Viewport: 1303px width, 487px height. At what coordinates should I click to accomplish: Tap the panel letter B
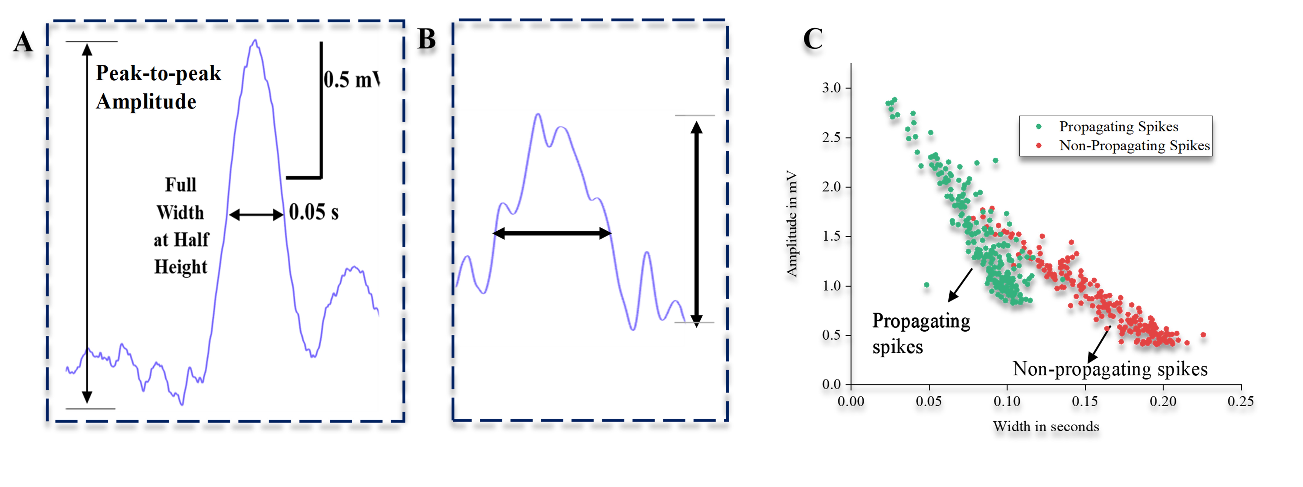point(426,39)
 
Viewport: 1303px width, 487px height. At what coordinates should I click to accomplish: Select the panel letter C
point(813,39)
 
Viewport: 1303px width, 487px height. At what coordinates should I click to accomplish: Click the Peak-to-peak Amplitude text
point(158,87)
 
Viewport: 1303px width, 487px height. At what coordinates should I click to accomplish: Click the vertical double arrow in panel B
point(697,223)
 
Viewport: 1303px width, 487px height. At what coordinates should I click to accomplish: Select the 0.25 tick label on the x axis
point(1241,401)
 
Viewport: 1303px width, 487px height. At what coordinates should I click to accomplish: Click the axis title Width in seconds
point(1045,427)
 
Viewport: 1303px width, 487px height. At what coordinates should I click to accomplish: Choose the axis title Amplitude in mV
point(792,224)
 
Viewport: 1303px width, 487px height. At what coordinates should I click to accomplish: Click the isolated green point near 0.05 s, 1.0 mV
point(927,285)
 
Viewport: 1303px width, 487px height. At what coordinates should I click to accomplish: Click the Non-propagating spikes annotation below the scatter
point(1110,369)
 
